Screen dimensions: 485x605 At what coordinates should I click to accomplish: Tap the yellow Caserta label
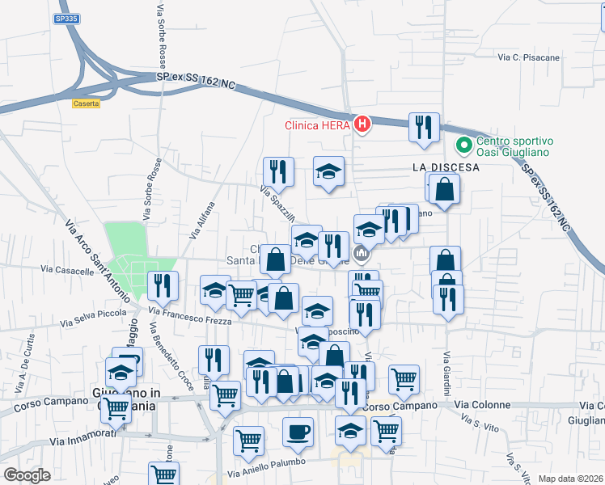tap(86, 103)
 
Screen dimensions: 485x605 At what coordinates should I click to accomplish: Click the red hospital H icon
tap(362, 124)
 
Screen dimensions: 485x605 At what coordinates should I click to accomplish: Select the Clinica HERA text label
tap(317, 124)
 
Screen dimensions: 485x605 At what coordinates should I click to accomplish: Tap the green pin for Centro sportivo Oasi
tap(464, 145)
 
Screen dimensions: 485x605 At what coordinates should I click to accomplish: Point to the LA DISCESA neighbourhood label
tap(446, 167)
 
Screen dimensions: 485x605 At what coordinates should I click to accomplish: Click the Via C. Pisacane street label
tap(529, 58)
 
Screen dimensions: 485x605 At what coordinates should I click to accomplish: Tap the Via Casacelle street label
tap(67, 271)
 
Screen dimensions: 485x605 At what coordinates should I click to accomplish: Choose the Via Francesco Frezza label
tap(190, 314)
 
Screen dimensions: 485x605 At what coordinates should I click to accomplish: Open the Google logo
tap(27, 475)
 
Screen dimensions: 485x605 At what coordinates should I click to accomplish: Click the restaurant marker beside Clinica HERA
tap(424, 127)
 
